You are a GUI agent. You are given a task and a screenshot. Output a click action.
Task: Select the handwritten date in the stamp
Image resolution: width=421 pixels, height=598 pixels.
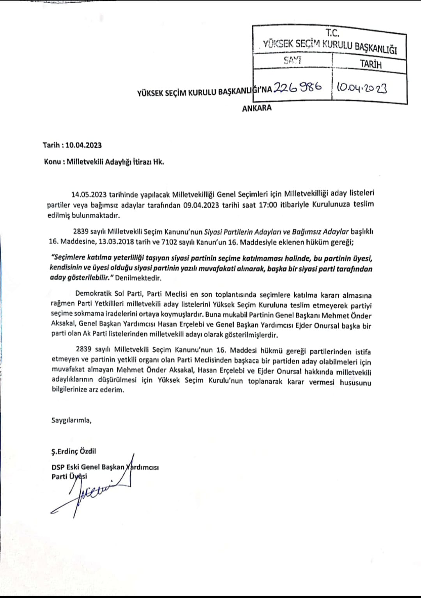coord(362,88)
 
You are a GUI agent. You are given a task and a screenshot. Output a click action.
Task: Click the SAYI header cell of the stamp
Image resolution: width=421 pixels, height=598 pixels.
coord(292,60)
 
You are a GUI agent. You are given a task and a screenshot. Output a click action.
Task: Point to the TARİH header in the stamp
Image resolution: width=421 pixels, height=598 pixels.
coord(370,64)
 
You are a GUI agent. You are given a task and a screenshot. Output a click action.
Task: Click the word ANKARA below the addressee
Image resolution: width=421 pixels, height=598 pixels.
coord(257,108)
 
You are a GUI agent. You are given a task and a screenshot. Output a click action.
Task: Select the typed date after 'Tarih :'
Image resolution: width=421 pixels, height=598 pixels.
coord(83,145)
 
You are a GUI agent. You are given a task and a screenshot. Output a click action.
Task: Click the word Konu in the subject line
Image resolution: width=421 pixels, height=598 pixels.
coord(52,162)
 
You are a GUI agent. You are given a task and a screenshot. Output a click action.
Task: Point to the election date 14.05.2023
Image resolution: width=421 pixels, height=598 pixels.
coord(89,194)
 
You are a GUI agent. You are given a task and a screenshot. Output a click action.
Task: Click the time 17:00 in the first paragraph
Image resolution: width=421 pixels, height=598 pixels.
coord(268,204)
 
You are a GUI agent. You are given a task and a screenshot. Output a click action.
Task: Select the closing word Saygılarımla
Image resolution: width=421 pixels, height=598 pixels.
coord(71,420)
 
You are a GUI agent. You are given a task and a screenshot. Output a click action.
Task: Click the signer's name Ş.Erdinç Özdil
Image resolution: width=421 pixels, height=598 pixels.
coord(74,451)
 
